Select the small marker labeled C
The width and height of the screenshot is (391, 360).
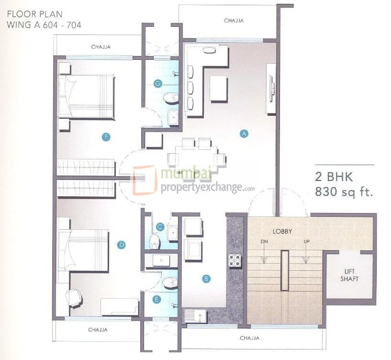(160, 227)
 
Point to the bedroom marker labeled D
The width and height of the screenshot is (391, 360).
(122, 245)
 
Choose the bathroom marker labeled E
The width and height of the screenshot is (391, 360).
(156, 300)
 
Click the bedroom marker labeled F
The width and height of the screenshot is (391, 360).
(106, 137)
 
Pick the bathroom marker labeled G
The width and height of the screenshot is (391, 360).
(157, 83)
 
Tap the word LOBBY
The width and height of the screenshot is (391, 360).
(282, 231)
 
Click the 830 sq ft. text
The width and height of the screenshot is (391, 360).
(343, 192)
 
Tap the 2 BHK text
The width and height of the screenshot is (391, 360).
(334, 177)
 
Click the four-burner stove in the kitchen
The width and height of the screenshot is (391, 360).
(235, 259)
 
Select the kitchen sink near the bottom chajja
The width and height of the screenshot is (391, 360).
(195, 315)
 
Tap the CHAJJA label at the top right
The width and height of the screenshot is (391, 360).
(234, 21)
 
